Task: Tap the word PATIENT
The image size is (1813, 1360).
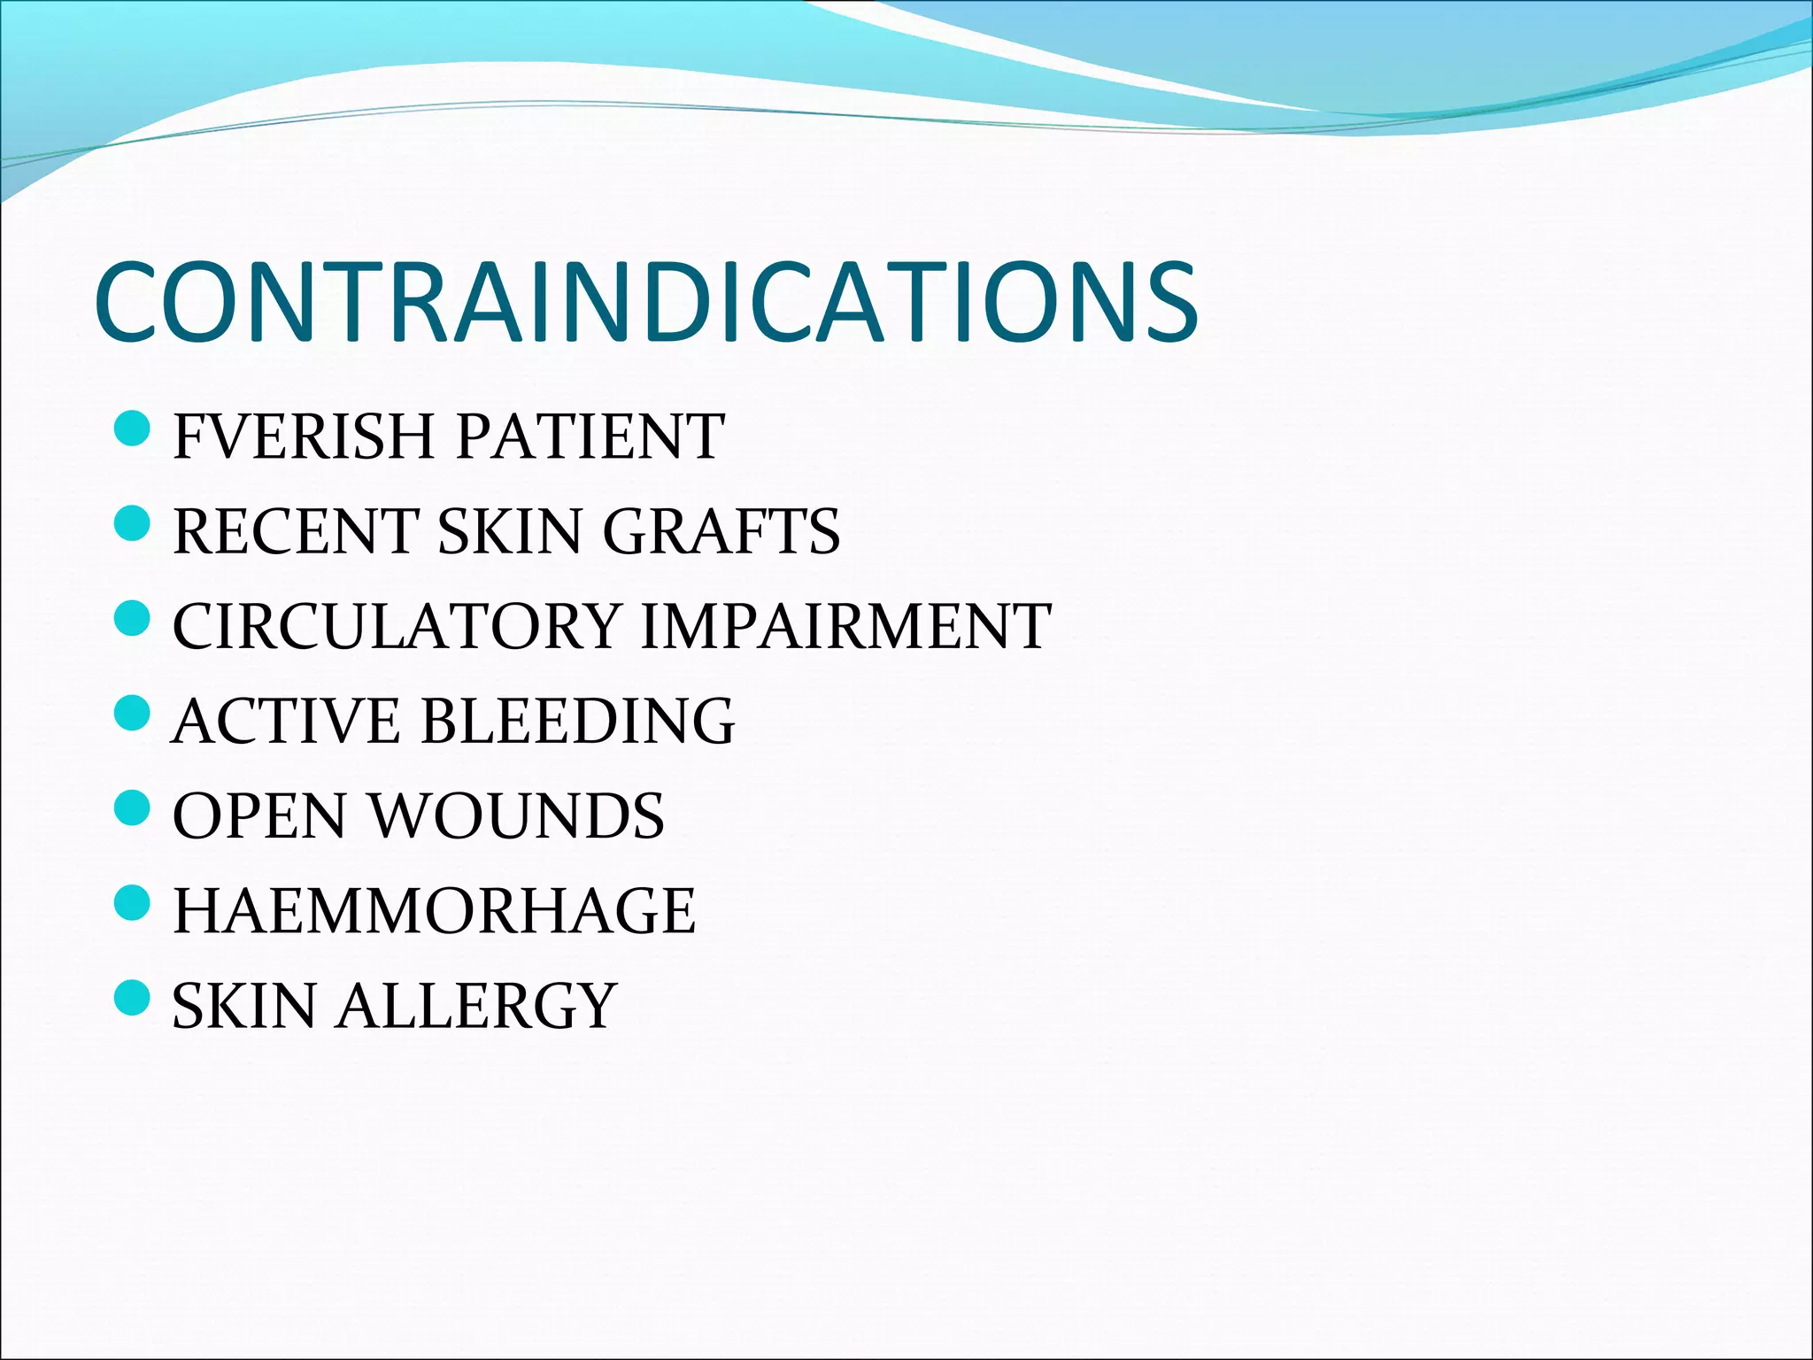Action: coord(590,437)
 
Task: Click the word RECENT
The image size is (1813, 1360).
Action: coord(295,531)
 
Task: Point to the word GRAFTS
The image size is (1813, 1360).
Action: coord(721,531)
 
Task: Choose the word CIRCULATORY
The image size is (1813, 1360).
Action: coord(395,626)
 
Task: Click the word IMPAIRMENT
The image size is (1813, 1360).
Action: coord(845,626)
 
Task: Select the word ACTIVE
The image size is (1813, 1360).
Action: coord(286,721)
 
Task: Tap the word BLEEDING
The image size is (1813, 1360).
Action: coord(577,721)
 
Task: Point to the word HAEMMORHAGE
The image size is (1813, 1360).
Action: coord(434,910)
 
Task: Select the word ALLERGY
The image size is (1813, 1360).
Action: coord(475,1006)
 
